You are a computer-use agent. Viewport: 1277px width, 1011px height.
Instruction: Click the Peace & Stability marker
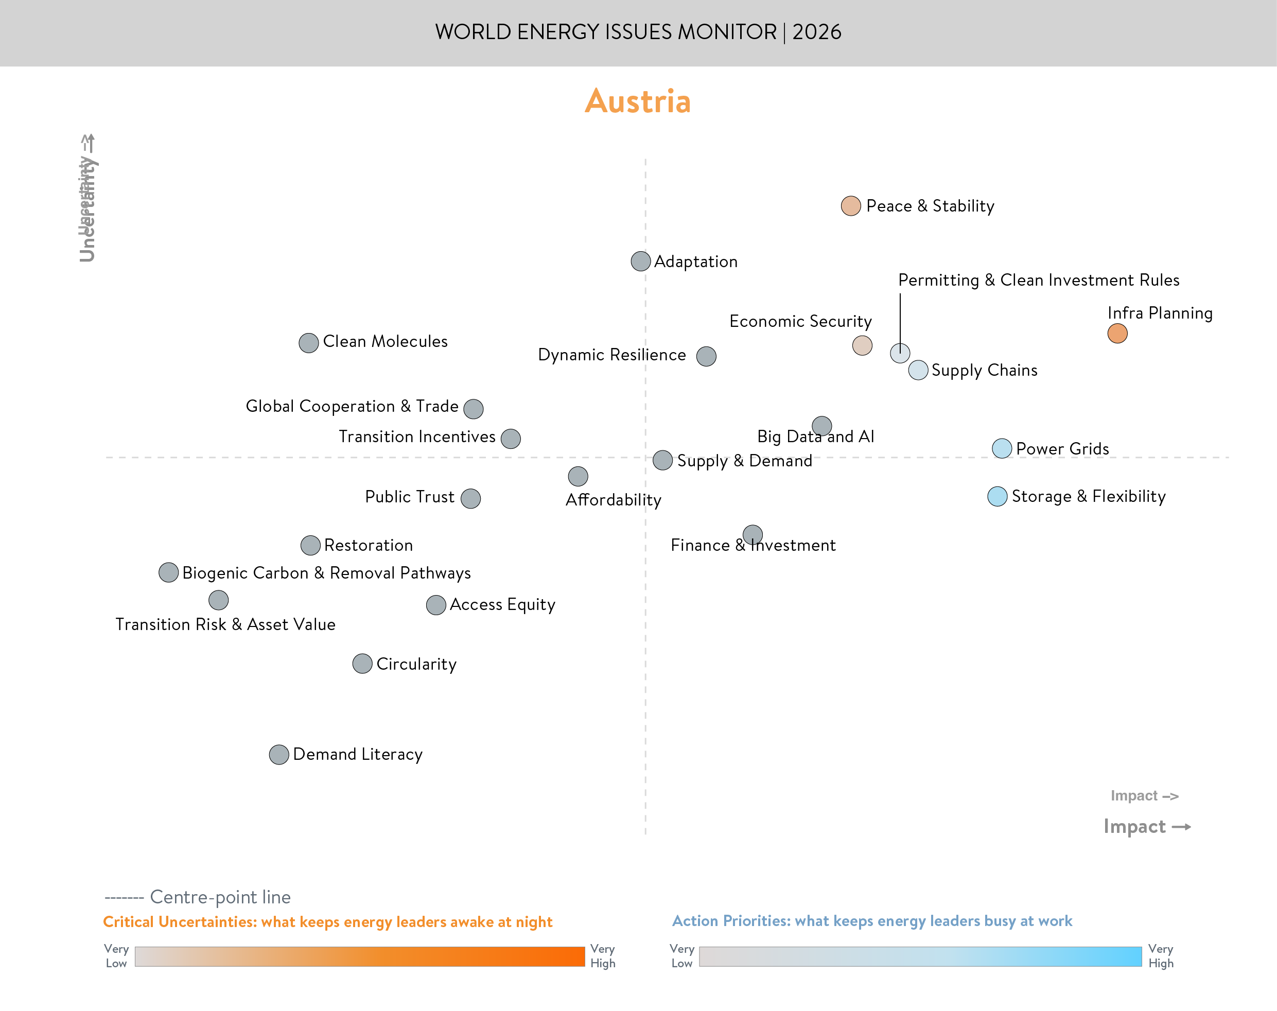pyautogui.click(x=850, y=206)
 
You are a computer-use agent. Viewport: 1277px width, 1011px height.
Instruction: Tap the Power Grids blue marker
pyautogui.click(x=1001, y=448)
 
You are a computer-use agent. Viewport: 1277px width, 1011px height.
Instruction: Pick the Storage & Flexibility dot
pyautogui.click(x=997, y=496)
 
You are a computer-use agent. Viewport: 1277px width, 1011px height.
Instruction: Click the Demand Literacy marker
pyautogui.click(x=278, y=754)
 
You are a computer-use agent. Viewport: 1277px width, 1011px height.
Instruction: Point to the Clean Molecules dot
pyautogui.click(x=308, y=343)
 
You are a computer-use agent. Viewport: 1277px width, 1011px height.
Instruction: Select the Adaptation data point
pyautogui.click(x=640, y=261)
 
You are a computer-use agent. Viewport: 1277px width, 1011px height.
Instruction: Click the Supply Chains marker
pyautogui.click(x=917, y=370)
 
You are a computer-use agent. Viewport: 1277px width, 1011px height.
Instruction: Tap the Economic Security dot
pyautogui.click(x=862, y=345)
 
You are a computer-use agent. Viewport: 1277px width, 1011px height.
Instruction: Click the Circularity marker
pyautogui.click(x=362, y=664)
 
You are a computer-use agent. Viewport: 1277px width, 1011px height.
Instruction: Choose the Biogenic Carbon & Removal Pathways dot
pyautogui.click(x=169, y=572)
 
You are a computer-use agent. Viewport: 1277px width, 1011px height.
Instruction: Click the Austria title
pyautogui.click(x=637, y=101)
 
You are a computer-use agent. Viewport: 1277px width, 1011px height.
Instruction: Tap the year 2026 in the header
pyautogui.click(x=817, y=32)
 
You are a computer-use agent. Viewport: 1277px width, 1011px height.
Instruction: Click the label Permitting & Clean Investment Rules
pyautogui.click(x=1038, y=280)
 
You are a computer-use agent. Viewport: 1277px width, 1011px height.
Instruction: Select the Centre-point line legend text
pyautogui.click(x=220, y=897)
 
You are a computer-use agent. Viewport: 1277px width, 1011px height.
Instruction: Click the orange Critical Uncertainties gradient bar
pyautogui.click(x=359, y=956)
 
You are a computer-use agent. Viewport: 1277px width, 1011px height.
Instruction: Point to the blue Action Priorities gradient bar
pyautogui.click(x=920, y=956)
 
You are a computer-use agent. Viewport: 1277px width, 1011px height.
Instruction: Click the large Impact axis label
pyautogui.click(x=1134, y=826)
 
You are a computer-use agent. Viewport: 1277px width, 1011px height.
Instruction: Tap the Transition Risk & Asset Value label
pyautogui.click(x=225, y=624)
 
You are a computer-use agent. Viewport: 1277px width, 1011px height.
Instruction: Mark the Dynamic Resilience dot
pyautogui.click(x=706, y=356)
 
